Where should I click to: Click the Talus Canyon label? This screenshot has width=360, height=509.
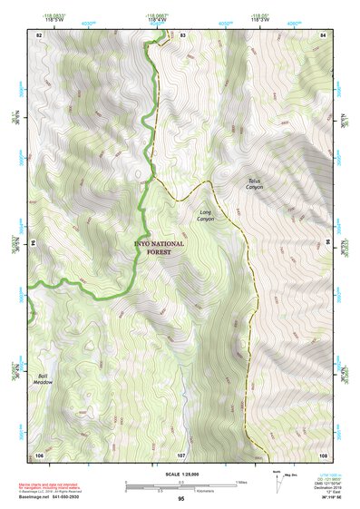pos(254,184)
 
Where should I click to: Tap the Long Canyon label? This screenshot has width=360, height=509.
pos(206,215)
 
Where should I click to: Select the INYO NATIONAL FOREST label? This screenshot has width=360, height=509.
pos(159,248)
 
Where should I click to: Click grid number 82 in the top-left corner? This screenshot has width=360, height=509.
pos(39,34)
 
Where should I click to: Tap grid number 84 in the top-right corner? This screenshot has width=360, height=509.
pos(323,34)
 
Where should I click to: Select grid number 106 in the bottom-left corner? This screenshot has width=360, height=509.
pos(39,453)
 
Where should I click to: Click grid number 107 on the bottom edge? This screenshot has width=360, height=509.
pos(181,453)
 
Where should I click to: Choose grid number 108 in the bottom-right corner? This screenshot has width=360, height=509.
pos(323,453)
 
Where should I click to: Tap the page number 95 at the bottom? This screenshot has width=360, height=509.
pos(181,499)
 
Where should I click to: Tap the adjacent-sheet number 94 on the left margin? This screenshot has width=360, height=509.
pos(34,243)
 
